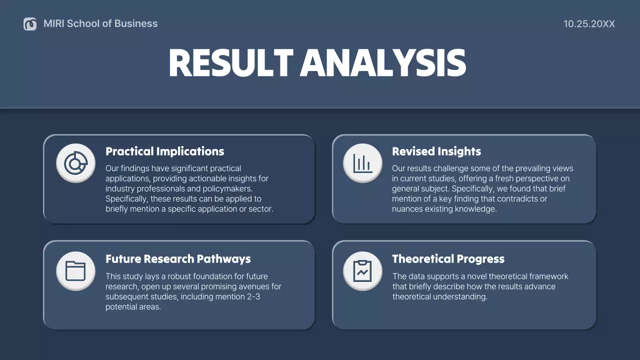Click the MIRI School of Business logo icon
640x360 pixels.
click(x=30, y=23)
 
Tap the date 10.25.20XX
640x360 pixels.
click(x=589, y=23)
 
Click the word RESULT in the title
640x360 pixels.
click(x=230, y=63)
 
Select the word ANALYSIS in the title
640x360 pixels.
click(x=383, y=63)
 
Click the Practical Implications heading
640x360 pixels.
click(x=164, y=151)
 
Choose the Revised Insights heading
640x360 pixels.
click(x=436, y=151)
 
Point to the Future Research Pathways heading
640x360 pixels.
click(x=178, y=259)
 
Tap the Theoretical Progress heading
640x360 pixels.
click(x=448, y=259)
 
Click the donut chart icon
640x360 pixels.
click(x=75, y=163)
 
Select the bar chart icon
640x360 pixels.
click(x=362, y=163)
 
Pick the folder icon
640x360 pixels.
click(x=75, y=271)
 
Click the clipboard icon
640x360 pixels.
click(x=362, y=271)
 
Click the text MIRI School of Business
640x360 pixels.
click(x=100, y=23)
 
